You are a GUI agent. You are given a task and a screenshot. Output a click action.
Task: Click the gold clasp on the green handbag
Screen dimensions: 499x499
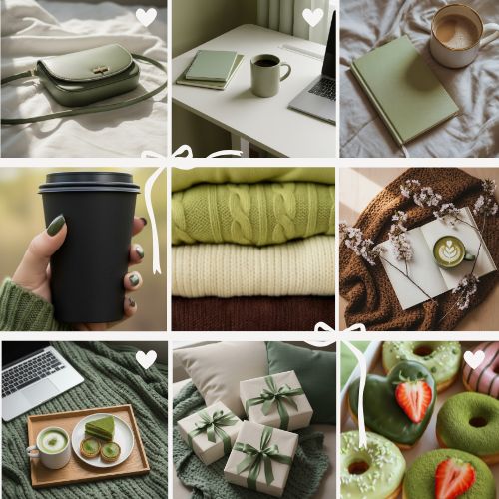click(x=100, y=70)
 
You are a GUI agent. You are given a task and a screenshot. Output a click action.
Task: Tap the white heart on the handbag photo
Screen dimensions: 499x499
click(x=146, y=17)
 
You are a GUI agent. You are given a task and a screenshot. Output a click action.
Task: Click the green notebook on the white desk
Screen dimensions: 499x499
click(x=212, y=67)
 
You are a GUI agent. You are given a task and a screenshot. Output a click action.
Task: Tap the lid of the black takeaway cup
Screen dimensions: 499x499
click(x=89, y=182)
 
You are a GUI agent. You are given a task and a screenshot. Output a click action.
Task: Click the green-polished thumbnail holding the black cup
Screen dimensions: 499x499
click(x=56, y=225)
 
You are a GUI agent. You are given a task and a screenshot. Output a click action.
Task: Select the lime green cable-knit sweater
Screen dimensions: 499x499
click(x=252, y=210)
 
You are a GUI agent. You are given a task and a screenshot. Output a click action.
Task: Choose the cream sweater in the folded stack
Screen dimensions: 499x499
click(x=252, y=267)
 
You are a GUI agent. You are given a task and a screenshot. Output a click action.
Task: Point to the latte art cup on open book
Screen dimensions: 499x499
click(x=448, y=250)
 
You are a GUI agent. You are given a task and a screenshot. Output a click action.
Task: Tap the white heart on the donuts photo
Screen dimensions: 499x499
click(x=474, y=358)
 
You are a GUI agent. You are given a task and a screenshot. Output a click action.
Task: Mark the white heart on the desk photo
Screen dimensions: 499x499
click(x=313, y=17)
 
